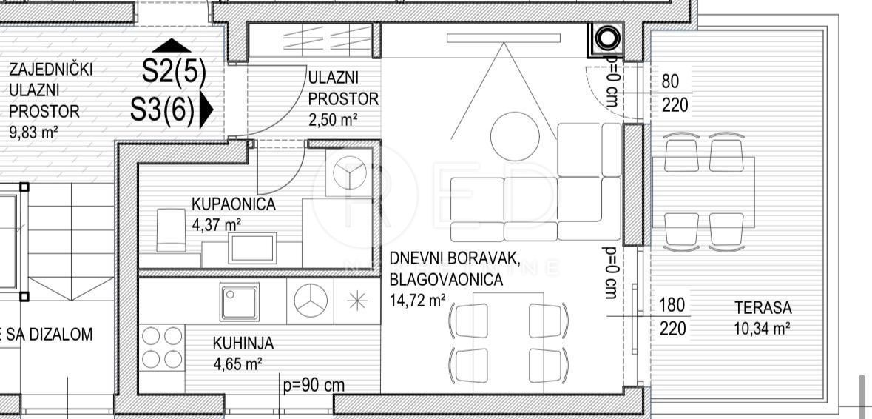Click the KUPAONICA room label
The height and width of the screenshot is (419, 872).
pos(233,204)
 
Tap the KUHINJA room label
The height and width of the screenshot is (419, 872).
pos(243,343)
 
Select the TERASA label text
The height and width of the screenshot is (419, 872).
pos(763,308)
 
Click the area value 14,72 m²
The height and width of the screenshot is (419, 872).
pos(417,301)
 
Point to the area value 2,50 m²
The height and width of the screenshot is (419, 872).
pos(333,118)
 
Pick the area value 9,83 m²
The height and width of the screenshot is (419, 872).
pos(33,133)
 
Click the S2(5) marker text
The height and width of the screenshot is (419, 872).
pos(174,72)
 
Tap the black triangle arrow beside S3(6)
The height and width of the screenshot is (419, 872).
pos(206,110)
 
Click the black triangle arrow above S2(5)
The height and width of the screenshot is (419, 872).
pos(175,45)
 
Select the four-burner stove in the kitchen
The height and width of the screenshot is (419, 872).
pos(162,347)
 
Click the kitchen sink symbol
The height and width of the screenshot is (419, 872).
pos(239,301)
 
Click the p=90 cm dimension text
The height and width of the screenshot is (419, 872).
pos(314,386)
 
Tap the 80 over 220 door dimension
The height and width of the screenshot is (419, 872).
pos(674,93)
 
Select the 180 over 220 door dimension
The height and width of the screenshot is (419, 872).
pos(673,316)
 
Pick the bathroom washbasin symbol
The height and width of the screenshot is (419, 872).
pos(253,247)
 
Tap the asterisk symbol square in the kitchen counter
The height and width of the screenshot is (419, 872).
pos(356,301)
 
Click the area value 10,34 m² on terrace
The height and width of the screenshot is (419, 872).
pos(762,329)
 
